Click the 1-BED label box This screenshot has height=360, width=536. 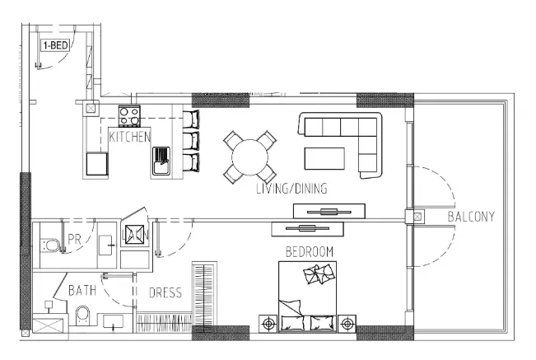[55, 45]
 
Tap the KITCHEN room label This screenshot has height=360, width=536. [129, 137]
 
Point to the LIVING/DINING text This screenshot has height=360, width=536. [291, 189]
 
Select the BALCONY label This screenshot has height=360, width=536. [471, 217]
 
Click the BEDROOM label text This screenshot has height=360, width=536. [309, 250]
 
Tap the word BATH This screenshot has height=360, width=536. [82, 291]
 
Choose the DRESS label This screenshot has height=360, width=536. [165, 292]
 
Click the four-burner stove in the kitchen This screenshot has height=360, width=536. [129, 115]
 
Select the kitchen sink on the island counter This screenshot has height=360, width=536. [161, 160]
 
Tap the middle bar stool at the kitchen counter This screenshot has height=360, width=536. [190, 139]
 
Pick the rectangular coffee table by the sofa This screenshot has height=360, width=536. [325, 157]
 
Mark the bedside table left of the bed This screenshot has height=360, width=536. [268, 324]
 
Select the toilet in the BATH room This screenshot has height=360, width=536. [82, 316]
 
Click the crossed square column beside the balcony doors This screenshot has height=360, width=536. [417, 217]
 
